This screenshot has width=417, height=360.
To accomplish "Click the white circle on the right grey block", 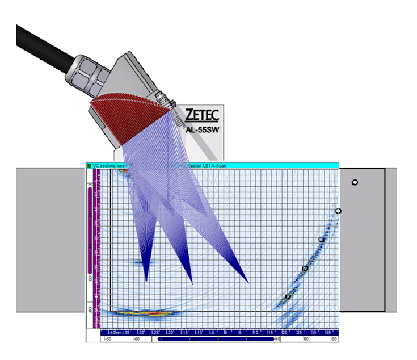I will (x=355, y=183).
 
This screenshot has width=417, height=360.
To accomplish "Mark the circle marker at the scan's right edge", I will (x=338, y=211).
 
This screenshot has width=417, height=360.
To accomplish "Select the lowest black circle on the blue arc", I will (x=288, y=296).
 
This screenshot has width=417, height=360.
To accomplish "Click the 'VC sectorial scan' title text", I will (x=107, y=166).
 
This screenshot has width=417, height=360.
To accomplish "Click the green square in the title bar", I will (x=89, y=166).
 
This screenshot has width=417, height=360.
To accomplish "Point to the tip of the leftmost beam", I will (x=146, y=281).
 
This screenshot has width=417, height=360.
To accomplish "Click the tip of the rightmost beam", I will (x=248, y=282).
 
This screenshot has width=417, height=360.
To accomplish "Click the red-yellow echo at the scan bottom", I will (x=145, y=312).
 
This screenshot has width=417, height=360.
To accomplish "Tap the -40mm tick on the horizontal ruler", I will (x=114, y=332).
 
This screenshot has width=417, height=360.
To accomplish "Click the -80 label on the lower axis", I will (x=107, y=340).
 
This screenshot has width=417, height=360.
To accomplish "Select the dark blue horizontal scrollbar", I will (x=215, y=340).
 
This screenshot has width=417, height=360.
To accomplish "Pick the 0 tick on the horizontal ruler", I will (x=226, y=332).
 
